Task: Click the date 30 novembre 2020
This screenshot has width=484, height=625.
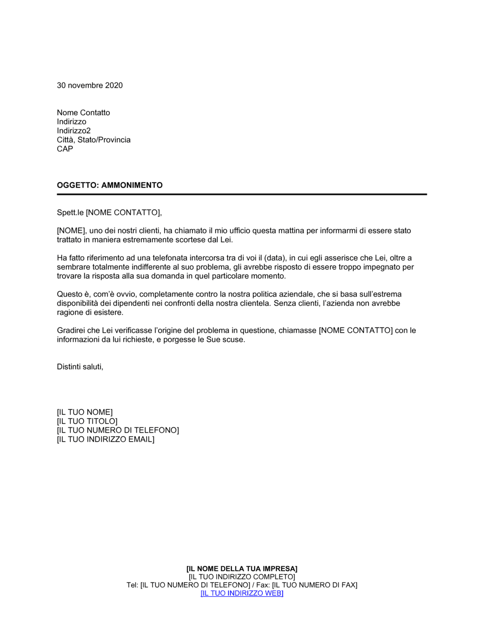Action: coord(90,85)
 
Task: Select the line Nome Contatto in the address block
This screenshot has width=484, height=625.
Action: coord(83,112)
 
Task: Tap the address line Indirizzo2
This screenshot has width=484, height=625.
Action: coord(74,131)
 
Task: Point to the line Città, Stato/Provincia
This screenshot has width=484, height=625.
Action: coord(93,140)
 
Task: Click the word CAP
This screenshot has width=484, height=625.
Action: coord(65,149)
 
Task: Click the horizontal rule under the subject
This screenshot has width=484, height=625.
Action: coord(242,194)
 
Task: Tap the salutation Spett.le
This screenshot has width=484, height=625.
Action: coord(70,213)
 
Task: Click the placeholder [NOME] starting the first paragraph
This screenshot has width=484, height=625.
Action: coord(71,231)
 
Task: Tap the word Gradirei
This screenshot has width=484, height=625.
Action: coord(71,330)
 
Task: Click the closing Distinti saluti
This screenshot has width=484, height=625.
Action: coord(80,367)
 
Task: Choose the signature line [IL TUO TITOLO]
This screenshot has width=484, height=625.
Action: coord(87,422)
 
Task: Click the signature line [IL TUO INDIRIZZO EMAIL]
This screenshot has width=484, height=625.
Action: coord(106,439)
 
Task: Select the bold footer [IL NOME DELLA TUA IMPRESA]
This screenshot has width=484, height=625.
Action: coord(242,569)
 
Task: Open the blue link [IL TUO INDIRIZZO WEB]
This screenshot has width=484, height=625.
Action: coord(242,594)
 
